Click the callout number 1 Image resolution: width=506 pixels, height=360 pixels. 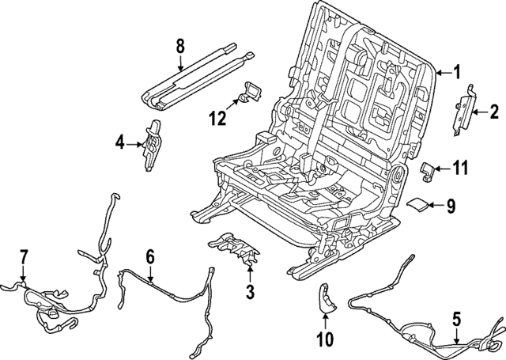click(456, 74)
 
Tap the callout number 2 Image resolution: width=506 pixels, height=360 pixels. click(494, 113)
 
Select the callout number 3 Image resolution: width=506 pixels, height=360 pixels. click(250, 294)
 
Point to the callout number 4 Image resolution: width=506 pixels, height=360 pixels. click(119, 143)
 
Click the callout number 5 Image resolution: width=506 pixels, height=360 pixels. click(455, 320)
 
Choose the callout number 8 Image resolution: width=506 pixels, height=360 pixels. click(181, 47)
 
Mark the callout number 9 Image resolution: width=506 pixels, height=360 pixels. click(451, 206)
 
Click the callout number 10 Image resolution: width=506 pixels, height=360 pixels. click(325, 339)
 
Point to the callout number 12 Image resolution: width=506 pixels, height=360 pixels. click(217, 119)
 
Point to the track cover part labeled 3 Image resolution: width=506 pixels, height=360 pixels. click(238, 250)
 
